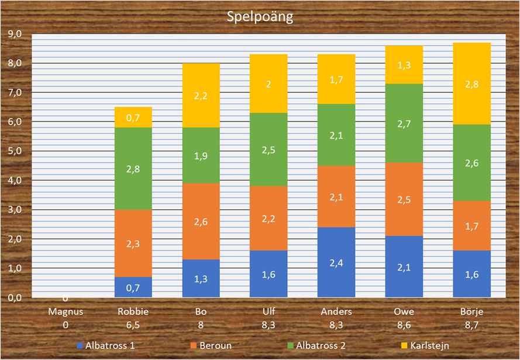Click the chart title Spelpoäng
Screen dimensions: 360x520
point(260,16)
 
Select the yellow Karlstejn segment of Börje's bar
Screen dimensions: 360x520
point(471,84)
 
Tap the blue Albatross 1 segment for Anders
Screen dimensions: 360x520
point(338,262)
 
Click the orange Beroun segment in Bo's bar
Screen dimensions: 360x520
point(201,221)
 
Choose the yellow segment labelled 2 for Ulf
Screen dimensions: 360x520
point(268,84)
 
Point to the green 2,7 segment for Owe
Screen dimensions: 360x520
point(404,123)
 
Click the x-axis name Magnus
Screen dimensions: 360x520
point(66,312)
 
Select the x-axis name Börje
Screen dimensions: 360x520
point(471,312)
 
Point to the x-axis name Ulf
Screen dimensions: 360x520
point(268,312)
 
